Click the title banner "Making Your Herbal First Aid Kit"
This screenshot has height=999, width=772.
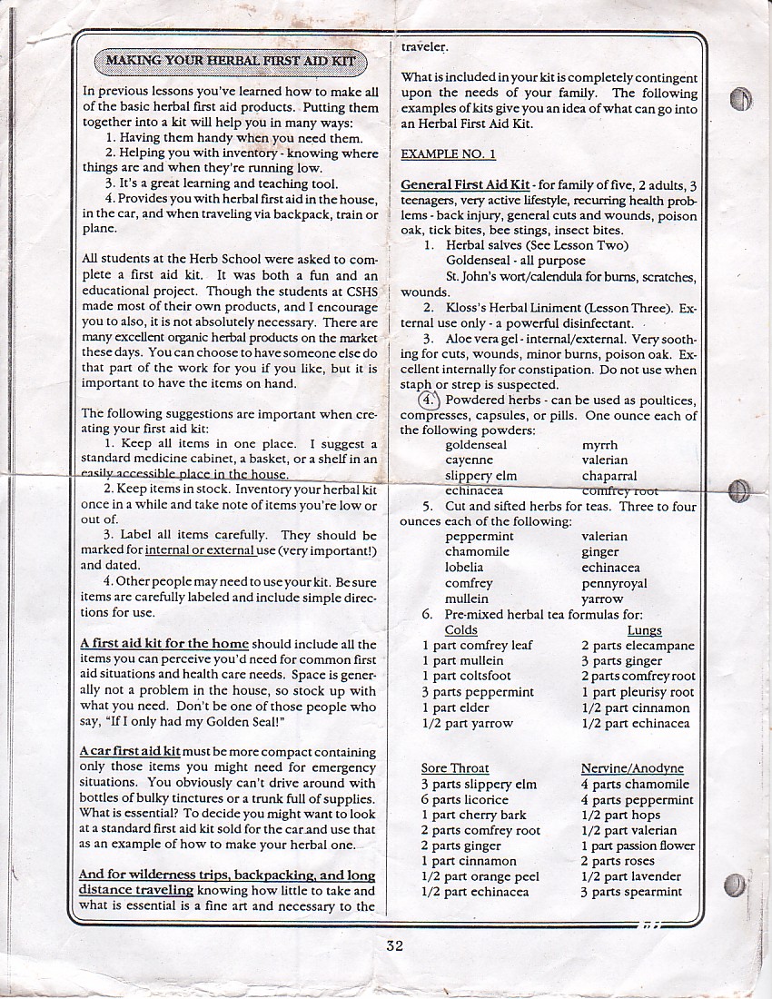click(230, 62)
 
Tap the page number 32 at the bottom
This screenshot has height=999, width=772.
click(393, 945)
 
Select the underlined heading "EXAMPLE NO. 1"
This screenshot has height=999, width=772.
click(441, 154)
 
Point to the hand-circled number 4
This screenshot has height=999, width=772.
click(428, 400)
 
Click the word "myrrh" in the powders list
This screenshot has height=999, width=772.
click(599, 445)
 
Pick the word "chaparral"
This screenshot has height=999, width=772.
click(609, 476)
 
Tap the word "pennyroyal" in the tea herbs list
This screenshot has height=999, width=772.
click(614, 583)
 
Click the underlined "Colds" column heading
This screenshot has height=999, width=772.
click(460, 630)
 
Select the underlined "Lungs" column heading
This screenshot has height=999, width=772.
click(644, 630)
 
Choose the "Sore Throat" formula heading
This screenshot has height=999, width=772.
click(455, 768)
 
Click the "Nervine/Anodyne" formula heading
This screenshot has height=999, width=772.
click(632, 768)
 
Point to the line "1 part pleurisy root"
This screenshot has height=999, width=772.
click(637, 692)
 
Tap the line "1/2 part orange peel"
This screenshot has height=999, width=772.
click(480, 876)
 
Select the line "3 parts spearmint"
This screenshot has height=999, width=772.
click(630, 892)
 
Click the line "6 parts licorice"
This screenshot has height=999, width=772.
click(464, 799)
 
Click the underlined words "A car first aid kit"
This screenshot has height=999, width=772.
click(130, 752)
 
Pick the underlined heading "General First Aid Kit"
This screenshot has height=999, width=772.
click(465, 185)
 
